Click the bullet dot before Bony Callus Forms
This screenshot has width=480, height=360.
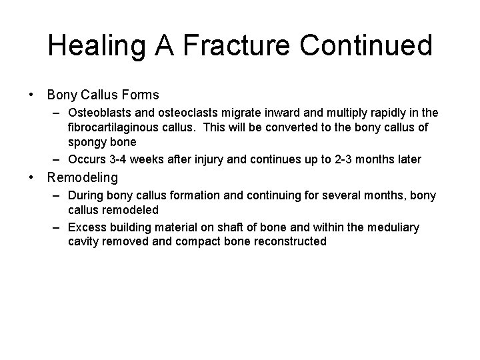(x=32, y=95)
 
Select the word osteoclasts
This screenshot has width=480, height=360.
(x=186, y=113)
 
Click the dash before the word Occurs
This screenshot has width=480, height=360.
(x=58, y=158)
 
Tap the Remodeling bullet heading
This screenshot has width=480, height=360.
(x=82, y=177)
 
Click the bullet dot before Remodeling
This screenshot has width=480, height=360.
(x=32, y=177)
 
